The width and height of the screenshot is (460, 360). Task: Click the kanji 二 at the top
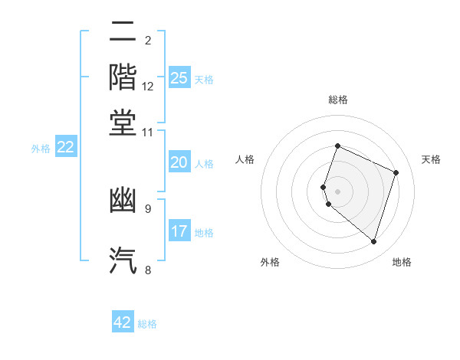pos(123,32)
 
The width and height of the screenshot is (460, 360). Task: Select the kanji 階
pos(123,77)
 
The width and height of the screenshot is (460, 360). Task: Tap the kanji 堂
pos(123,122)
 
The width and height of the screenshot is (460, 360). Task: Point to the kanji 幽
pos(123,201)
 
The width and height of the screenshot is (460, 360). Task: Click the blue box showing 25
pos(179,78)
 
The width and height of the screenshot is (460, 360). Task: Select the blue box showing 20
pos(179,162)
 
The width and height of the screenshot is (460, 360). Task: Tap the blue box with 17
pos(179,231)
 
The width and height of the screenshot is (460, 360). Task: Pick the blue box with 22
pos(66,148)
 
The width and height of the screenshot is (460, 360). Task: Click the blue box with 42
pos(123,322)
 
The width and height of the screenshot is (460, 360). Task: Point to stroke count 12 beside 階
pos(148,86)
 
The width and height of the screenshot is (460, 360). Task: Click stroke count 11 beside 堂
pos(148,132)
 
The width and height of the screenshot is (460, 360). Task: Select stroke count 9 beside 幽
pos(148,208)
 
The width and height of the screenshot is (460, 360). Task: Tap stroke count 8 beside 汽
pos(148,269)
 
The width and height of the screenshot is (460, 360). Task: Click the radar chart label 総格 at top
pos(337,100)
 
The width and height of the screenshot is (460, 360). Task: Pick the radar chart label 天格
pos(431,159)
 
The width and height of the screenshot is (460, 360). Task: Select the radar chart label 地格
pos(402,262)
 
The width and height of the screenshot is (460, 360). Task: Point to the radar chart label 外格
pos(270,262)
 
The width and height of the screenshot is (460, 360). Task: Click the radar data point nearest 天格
pos(396,172)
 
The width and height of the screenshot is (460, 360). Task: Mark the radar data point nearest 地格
pos(373,242)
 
